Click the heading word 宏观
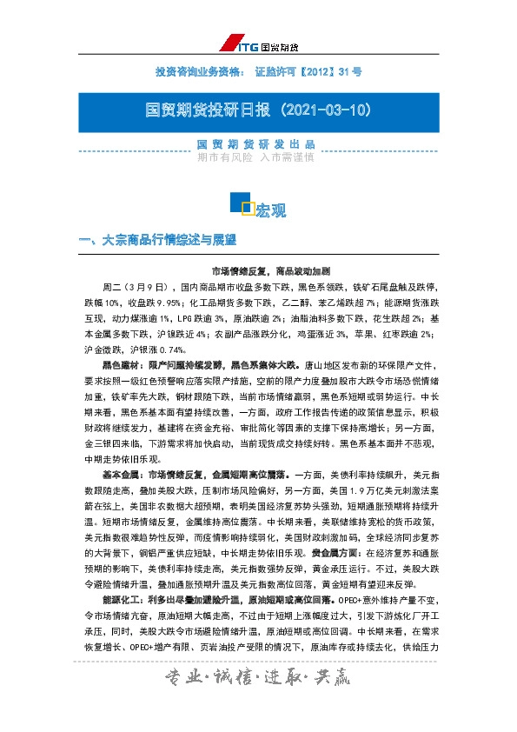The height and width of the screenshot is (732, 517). click(x=271, y=211)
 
